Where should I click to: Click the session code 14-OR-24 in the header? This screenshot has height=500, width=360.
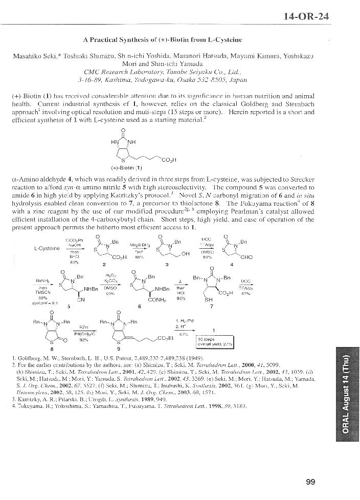click(306, 16)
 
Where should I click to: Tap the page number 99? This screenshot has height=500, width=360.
click(310, 482)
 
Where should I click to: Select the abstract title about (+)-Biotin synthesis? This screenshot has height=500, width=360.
click(162, 40)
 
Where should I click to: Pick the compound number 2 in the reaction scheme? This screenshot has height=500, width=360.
click(104, 265)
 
